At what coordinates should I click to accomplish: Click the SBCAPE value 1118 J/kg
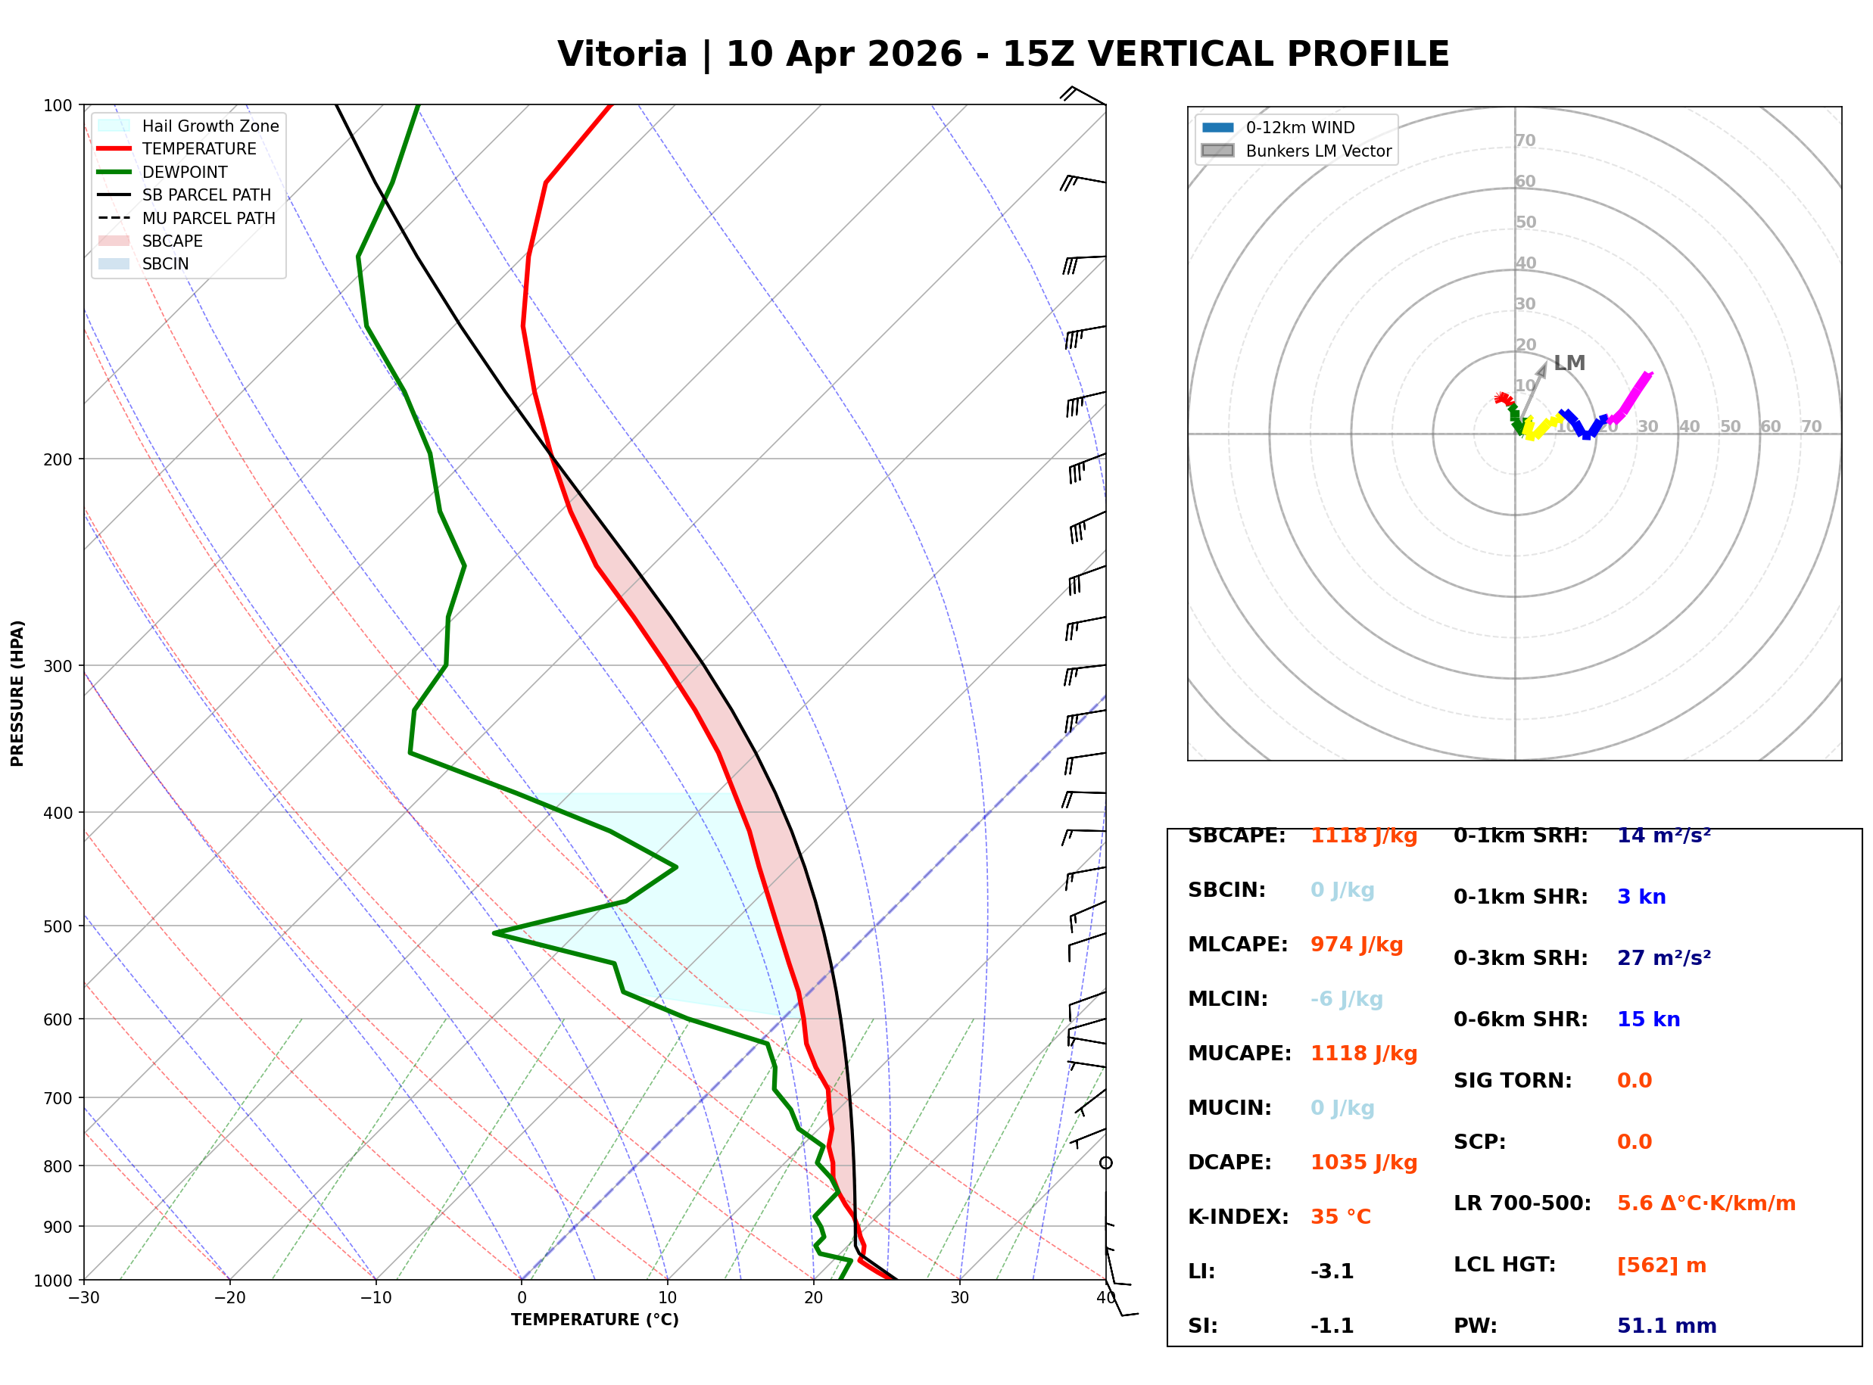tap(1363, 837)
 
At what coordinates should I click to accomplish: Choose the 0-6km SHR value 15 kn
tap(1648, 1019)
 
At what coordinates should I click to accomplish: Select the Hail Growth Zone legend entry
tap(210, 126)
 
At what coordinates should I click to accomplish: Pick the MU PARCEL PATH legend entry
tap(208, 218)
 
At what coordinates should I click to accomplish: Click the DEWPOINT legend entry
tap(185, 172)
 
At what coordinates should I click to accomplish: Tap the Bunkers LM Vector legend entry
tap(1318, 151)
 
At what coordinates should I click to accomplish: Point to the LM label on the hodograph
tap(1569, 363)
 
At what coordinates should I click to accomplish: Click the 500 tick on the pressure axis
tap(57, 926)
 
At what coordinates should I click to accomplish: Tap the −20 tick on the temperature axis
tap(229, 1298)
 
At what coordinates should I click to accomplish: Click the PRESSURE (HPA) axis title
tap(17, 693)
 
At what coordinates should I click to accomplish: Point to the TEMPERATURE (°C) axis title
tap(594, 1320)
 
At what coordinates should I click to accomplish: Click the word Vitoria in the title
tap(622, 54)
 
